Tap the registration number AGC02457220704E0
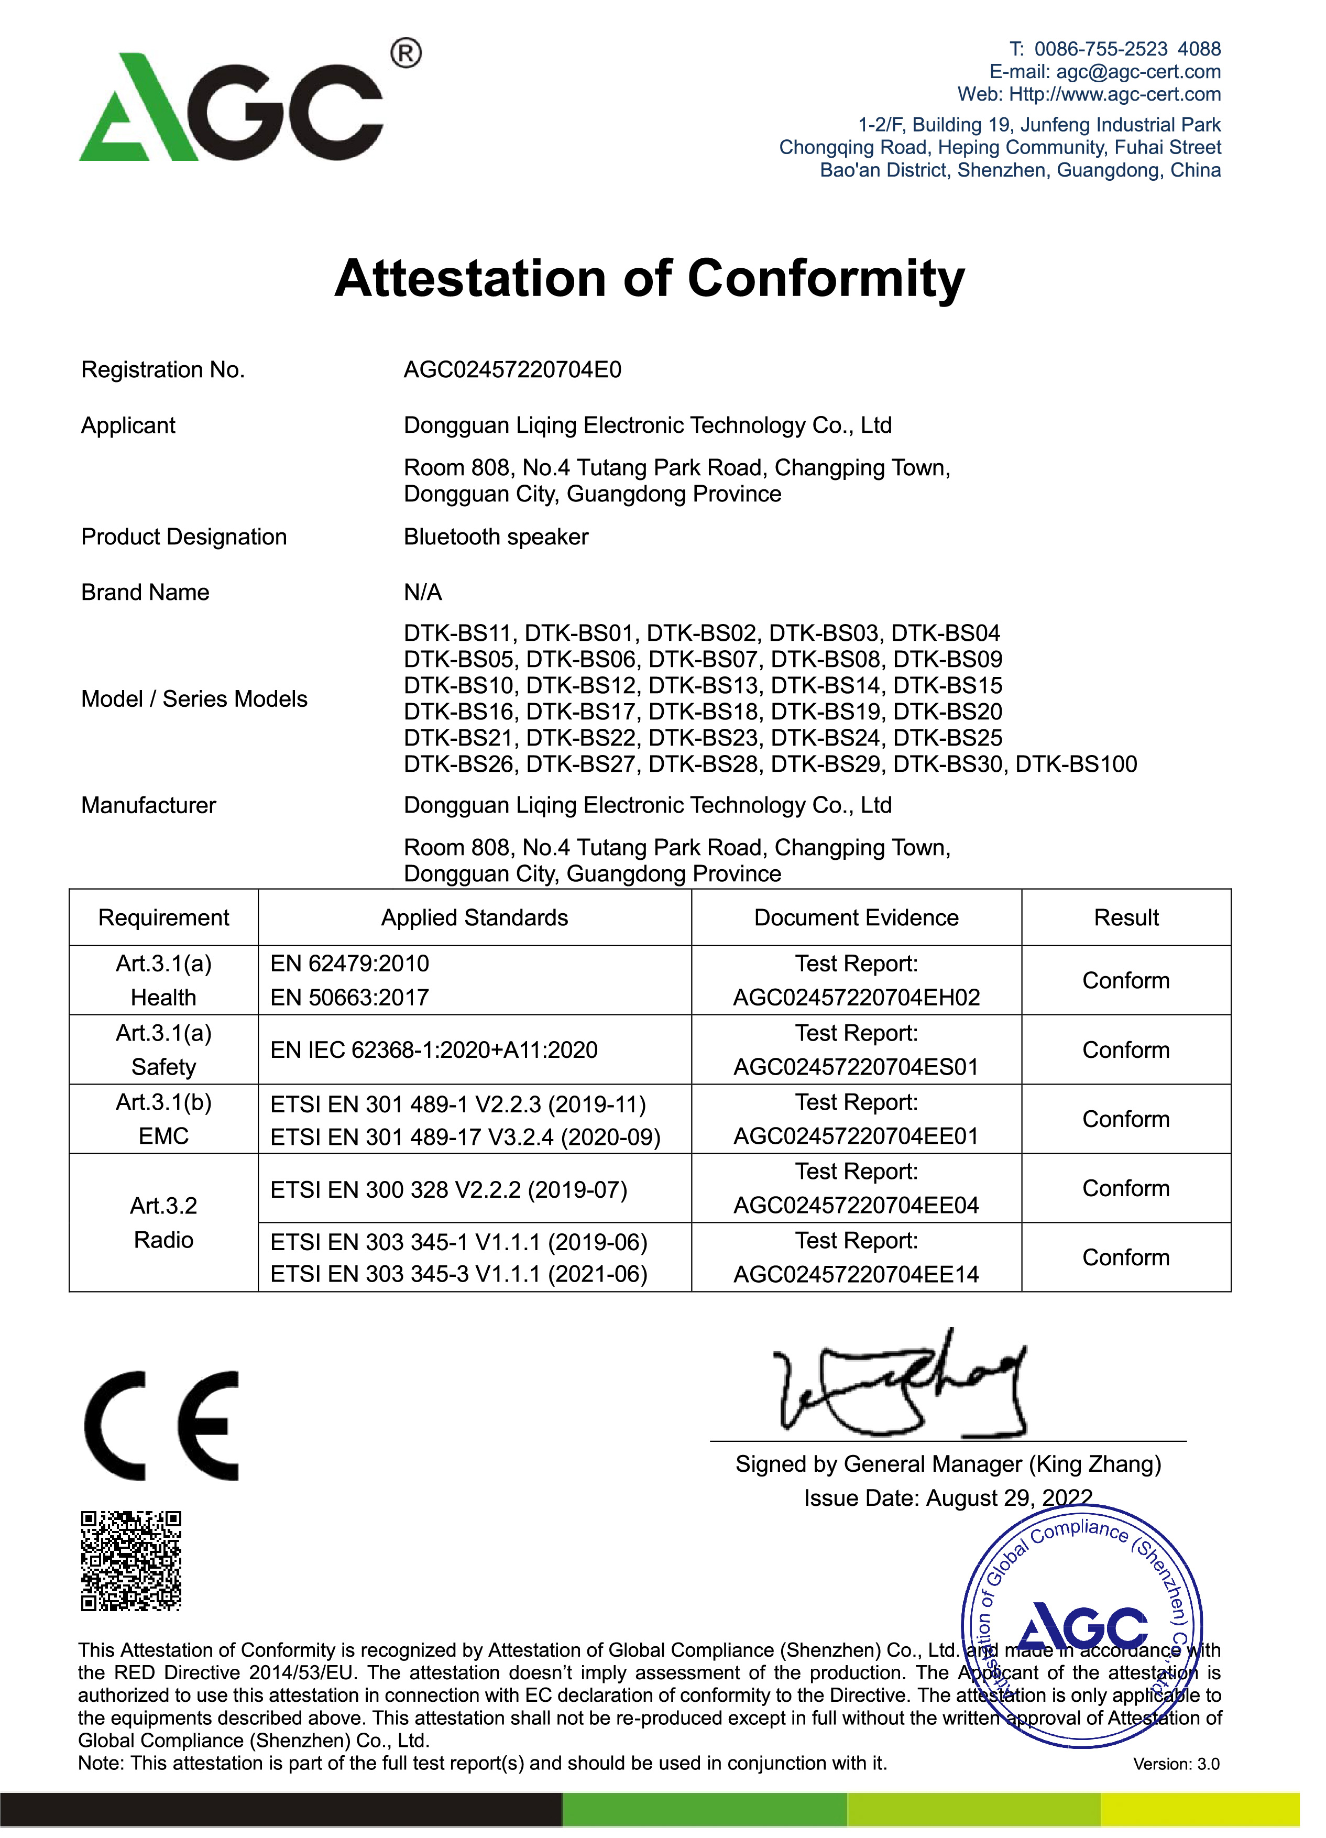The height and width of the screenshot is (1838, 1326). click(x=512, y=370)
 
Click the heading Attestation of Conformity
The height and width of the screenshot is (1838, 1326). click(x=649, y=279)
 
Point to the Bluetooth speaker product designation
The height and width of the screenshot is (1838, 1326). click(x=496, y=537)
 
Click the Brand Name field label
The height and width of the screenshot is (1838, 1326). click(x=145, y=593)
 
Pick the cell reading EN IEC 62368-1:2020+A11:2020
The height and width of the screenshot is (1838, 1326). click(x=434, y=1051)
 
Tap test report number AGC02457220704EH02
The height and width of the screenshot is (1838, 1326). click(x=856, y=998)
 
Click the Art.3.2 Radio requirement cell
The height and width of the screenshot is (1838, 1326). click(x=164, y=1223)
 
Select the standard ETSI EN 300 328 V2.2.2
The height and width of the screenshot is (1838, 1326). click(x=448, y=1190)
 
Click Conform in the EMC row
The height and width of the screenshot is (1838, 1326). click(x=1126, y=1119)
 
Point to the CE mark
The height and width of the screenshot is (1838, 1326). click(x=162, y=1426)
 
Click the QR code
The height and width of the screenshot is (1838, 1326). click(x=131, y=1561)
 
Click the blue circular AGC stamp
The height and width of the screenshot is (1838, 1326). click(x=1082, y=1625)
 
